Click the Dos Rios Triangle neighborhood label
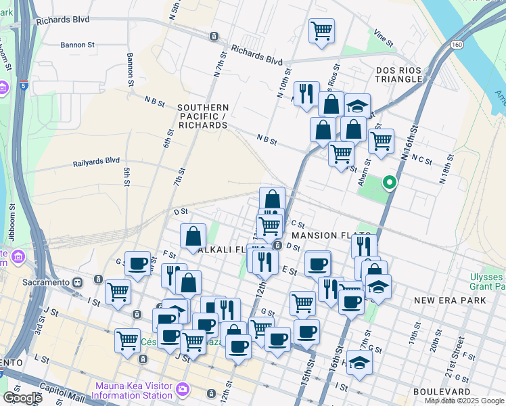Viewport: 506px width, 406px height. pos(402,75)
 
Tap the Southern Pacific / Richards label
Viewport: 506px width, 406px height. pos(202,116)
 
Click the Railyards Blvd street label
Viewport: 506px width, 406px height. pos(96,162)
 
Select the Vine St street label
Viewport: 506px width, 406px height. pos(384,39)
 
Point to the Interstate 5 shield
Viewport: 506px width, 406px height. pos(24,86)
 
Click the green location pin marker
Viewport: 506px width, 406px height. pos(389,183)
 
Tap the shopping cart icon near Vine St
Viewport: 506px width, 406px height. pos(321,30)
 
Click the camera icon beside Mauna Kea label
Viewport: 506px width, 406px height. pos(182,389)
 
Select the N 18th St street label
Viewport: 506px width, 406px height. pos(444,174)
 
